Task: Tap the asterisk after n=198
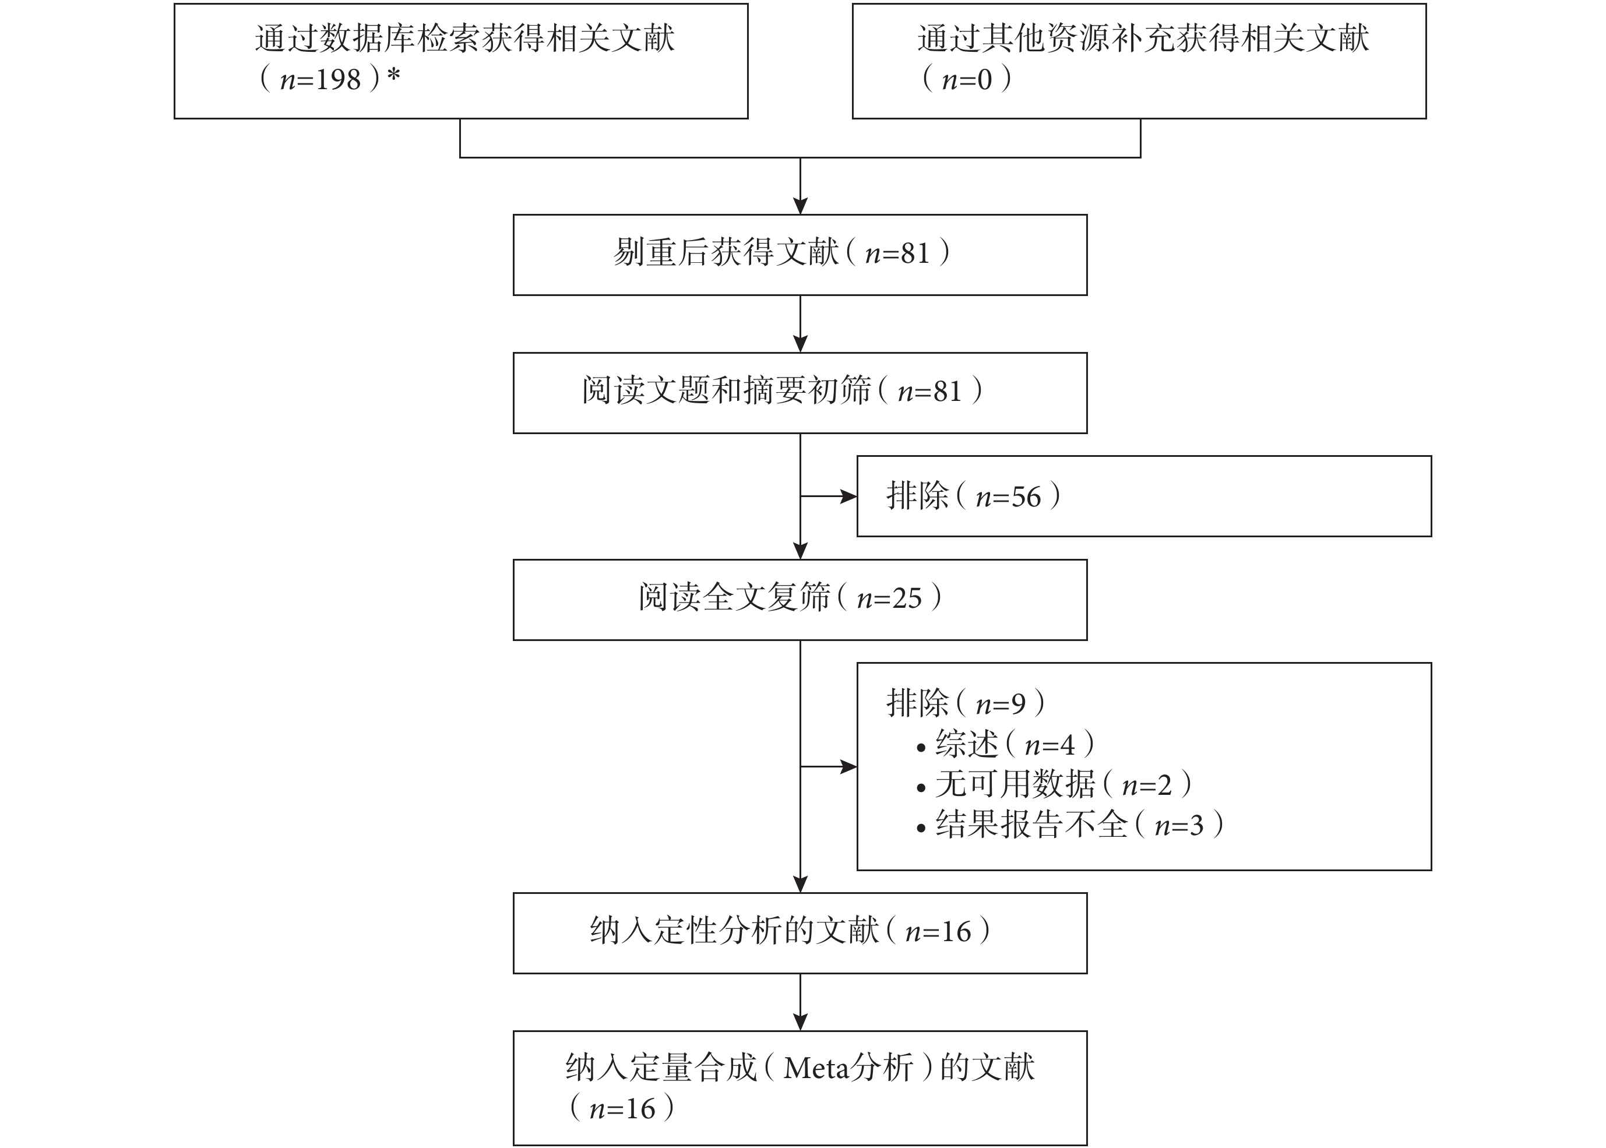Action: point(394,75)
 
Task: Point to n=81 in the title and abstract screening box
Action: point(929,392)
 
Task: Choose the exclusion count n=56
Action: point(1008,497)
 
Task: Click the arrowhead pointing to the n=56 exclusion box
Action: point(848,497)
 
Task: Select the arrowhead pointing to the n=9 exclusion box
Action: point(848,767)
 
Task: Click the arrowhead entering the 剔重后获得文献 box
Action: point(800,206)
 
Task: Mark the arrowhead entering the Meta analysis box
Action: point(800,1022)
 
